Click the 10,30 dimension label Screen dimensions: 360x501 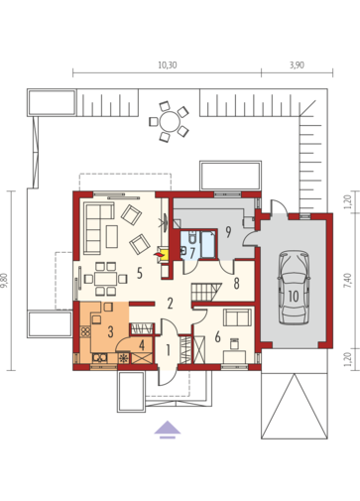click(x=168, y=64)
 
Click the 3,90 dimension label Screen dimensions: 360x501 click(x=297, y=64)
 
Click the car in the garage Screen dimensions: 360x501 click(x=294, y=288)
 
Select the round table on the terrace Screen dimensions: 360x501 click(x=170, y=122)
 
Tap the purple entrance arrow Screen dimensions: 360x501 click(x=168, y=430)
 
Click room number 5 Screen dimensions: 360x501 click(x=140, y=273)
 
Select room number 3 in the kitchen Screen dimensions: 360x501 click(x=110, y=331)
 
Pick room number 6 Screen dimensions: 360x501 click(x=217, y=337)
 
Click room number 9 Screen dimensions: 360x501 click(x=228, y=232)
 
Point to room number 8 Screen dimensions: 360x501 click(x=236, y=284)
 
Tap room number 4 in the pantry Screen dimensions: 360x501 click(x=142, y=345)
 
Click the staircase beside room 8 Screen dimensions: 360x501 click(x=205, y=292)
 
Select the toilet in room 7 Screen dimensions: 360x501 click(x=191, y=236)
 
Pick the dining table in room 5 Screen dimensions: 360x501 click(x=105, y=279)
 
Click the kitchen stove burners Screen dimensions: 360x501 click(x=85, y=331)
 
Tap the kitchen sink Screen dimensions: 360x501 click(x=99, y=358)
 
